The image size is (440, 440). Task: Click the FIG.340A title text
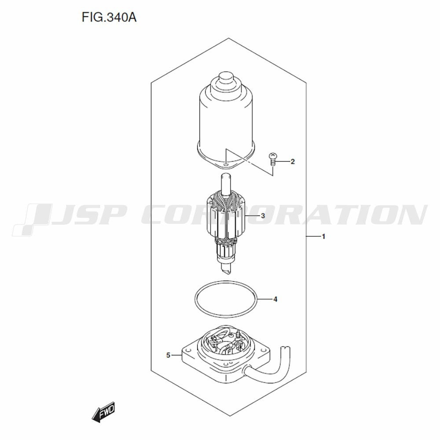pyautogui.click(x=109, y=18)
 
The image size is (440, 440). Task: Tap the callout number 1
pyautogui.click(x=323, y=237)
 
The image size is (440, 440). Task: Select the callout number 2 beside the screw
pyautogui.click(x=293, y=161)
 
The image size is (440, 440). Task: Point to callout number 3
pyautogui.click(x=263, y=216)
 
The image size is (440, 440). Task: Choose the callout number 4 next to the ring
pyautogui.click(x=275, y=299)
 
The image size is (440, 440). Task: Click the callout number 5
pyautogui.click(x=168, y=355)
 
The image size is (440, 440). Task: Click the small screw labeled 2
pyautogui.click(x=272, y=159)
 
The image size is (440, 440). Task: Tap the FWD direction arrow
pyautogui.click(x=103, y=412)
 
